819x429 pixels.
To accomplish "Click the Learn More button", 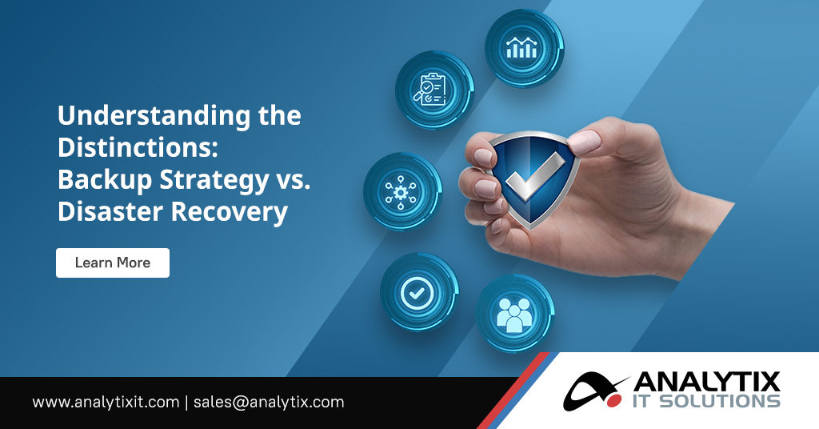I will tap(112, 263).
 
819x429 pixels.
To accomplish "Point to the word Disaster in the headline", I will tap(106, 212).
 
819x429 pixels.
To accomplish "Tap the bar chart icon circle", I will tap(523, 48).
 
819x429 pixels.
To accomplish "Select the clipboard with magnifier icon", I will tap(434, 90).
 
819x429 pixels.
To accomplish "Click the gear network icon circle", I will tap(402, 191).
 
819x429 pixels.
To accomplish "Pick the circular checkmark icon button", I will tap(417, 294).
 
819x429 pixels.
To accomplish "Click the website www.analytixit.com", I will tap(106, 402).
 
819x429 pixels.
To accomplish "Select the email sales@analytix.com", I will tap(269, 402).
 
